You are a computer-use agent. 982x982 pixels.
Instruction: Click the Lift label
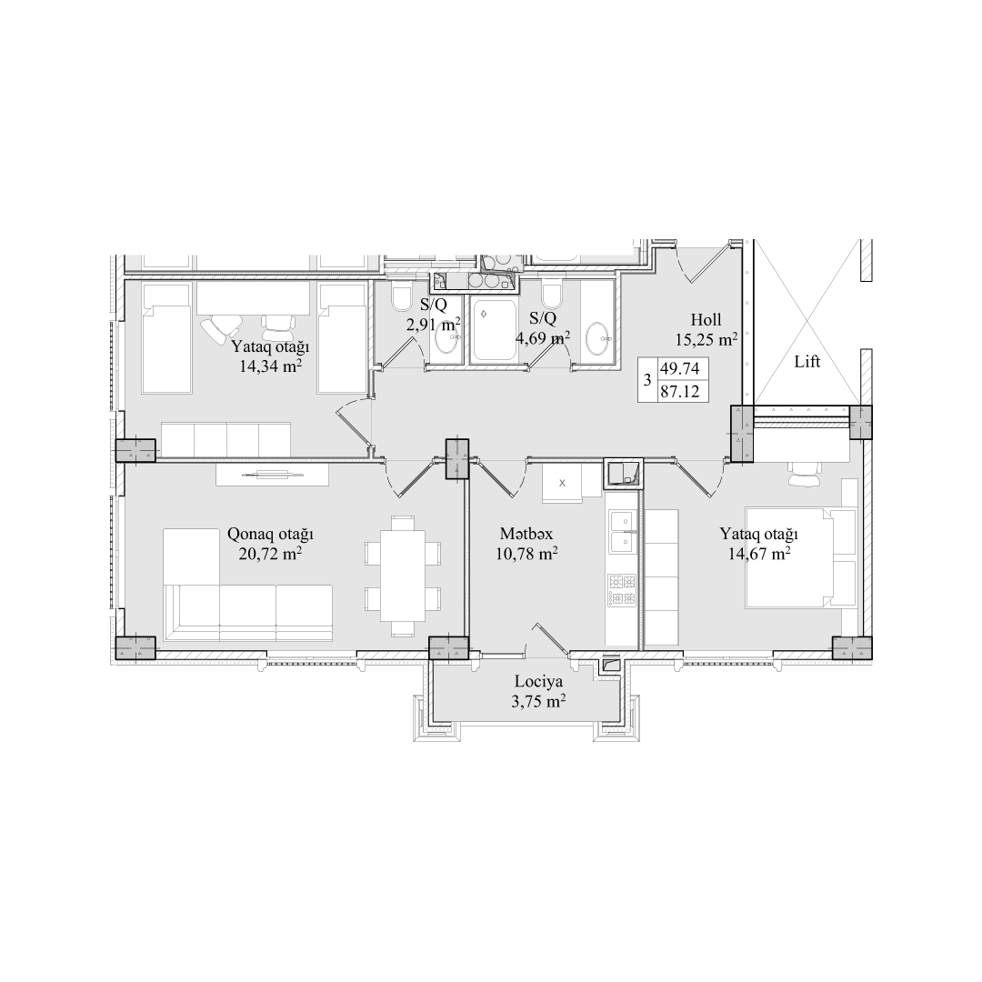[807, 361]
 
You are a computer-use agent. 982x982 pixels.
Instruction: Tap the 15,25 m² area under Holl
[706, 339]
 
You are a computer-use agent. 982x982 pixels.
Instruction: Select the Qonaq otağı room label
[270, 535]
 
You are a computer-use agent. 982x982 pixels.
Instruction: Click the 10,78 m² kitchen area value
[526, 554]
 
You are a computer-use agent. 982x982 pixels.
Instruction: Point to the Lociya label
[538, 681]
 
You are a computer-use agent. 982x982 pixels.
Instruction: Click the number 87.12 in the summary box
[679, 393]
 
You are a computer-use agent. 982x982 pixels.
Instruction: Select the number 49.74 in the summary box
[679, 367]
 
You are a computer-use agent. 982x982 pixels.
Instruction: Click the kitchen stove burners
[621, 590]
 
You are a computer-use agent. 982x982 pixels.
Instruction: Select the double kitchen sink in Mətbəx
[622, 530]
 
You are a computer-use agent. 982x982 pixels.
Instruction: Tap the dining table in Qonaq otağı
[403, 575]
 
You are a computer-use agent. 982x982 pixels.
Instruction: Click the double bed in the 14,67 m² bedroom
[800, 558]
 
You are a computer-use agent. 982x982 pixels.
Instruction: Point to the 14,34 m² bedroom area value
[271, 366]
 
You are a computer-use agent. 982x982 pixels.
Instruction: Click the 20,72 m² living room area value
[270, 554]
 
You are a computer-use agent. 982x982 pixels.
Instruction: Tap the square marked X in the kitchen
[562, 483]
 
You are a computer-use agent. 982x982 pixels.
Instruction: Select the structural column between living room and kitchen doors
[457, 459]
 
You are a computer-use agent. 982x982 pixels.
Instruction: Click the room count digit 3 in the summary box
[647, 380]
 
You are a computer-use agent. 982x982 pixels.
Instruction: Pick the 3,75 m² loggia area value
[538, 701]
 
